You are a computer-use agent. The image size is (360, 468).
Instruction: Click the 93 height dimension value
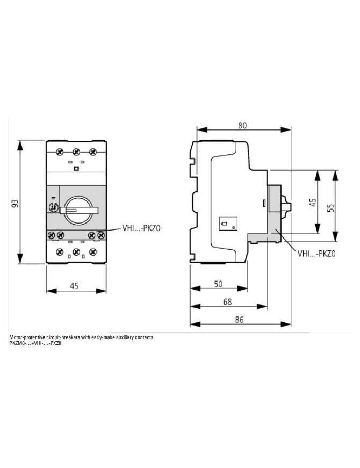pos(15,204)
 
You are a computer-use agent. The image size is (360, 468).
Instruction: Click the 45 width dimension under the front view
pos(74,286)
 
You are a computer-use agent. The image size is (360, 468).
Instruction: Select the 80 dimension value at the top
pos(242,125)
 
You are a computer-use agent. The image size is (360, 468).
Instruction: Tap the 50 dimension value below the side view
pos(218,284)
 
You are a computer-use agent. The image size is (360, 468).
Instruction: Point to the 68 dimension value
pos(227,302)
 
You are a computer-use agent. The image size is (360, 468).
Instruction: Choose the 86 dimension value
pos(239,320)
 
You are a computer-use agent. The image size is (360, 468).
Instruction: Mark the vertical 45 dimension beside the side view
pos(313,203)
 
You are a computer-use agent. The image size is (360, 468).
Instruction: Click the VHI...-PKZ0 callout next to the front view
pos(141,228)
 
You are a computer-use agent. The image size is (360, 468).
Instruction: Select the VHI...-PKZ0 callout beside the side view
pos(316,254)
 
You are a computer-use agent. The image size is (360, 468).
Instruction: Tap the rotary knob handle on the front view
pos(79,211)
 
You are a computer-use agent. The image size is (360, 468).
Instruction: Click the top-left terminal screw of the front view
pos(60,152)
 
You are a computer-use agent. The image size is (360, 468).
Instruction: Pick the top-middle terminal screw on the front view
pos(76,152)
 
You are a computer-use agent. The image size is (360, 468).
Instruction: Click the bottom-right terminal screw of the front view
pos(93,252)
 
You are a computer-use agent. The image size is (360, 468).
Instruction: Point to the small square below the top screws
pos(76,169)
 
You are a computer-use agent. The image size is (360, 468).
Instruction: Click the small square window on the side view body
pos(228,224)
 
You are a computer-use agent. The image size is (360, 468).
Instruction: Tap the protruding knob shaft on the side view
pos(286,206)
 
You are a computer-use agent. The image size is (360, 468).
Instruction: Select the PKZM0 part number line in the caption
pos(35,343)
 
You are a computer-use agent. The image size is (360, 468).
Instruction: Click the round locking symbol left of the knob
pos(54,206)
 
